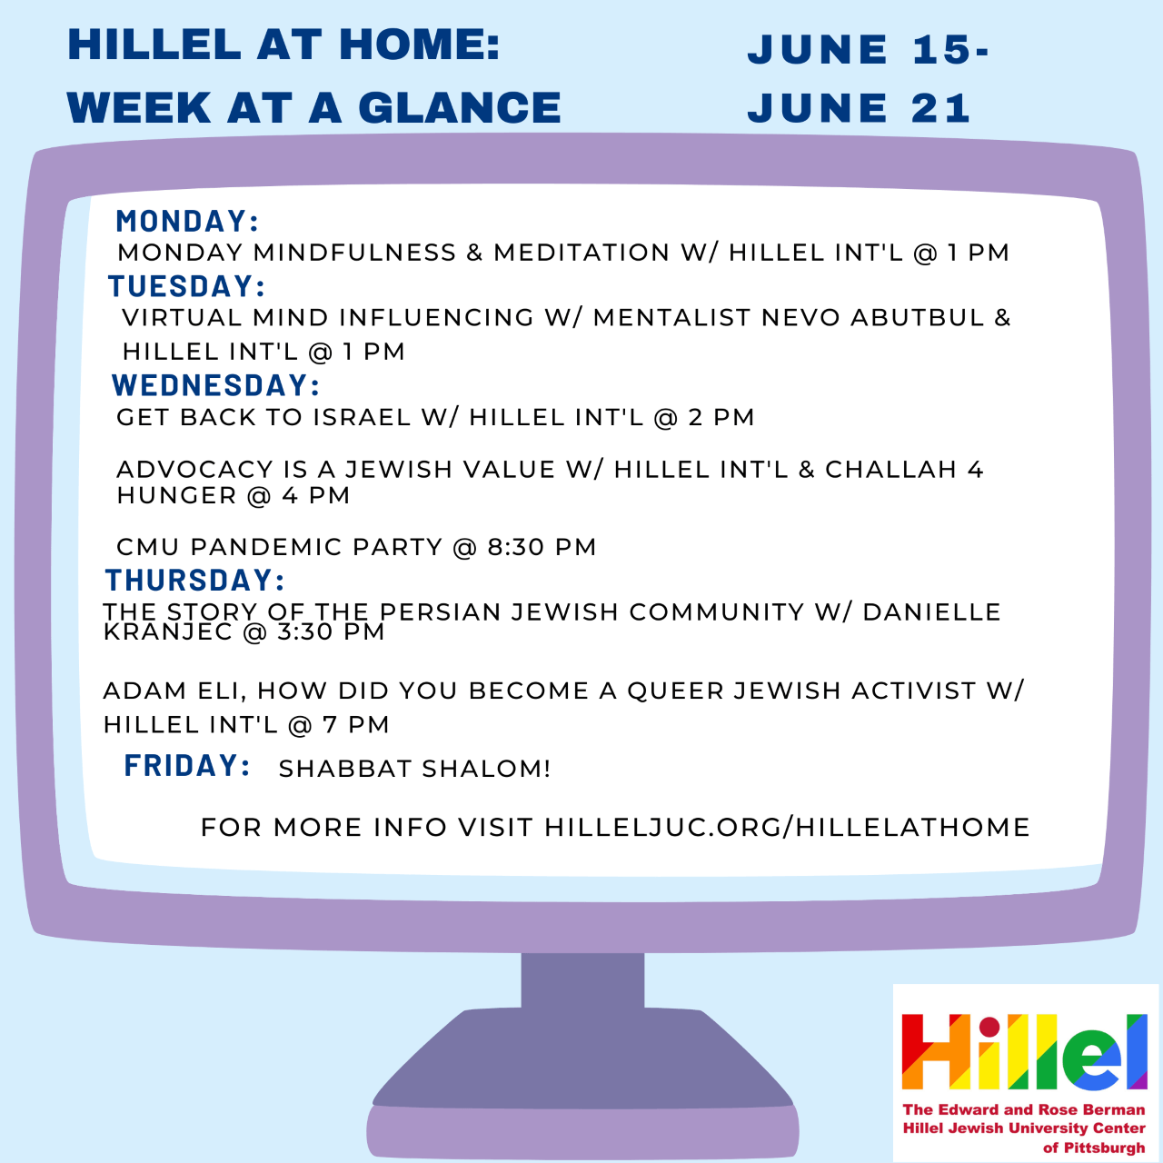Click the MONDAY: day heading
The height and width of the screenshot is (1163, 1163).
187,221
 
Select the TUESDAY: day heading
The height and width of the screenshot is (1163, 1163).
186,286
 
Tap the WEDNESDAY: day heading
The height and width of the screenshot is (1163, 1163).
215,385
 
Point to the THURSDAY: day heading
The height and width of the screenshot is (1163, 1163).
194,580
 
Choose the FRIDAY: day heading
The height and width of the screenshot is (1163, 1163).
187,765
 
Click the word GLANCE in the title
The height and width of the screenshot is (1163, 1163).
459,108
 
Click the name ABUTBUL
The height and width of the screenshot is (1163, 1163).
918,317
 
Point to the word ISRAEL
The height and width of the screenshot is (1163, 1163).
362,417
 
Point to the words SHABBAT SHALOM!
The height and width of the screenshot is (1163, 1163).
414,769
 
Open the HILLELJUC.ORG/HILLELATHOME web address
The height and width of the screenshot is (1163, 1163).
787,828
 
